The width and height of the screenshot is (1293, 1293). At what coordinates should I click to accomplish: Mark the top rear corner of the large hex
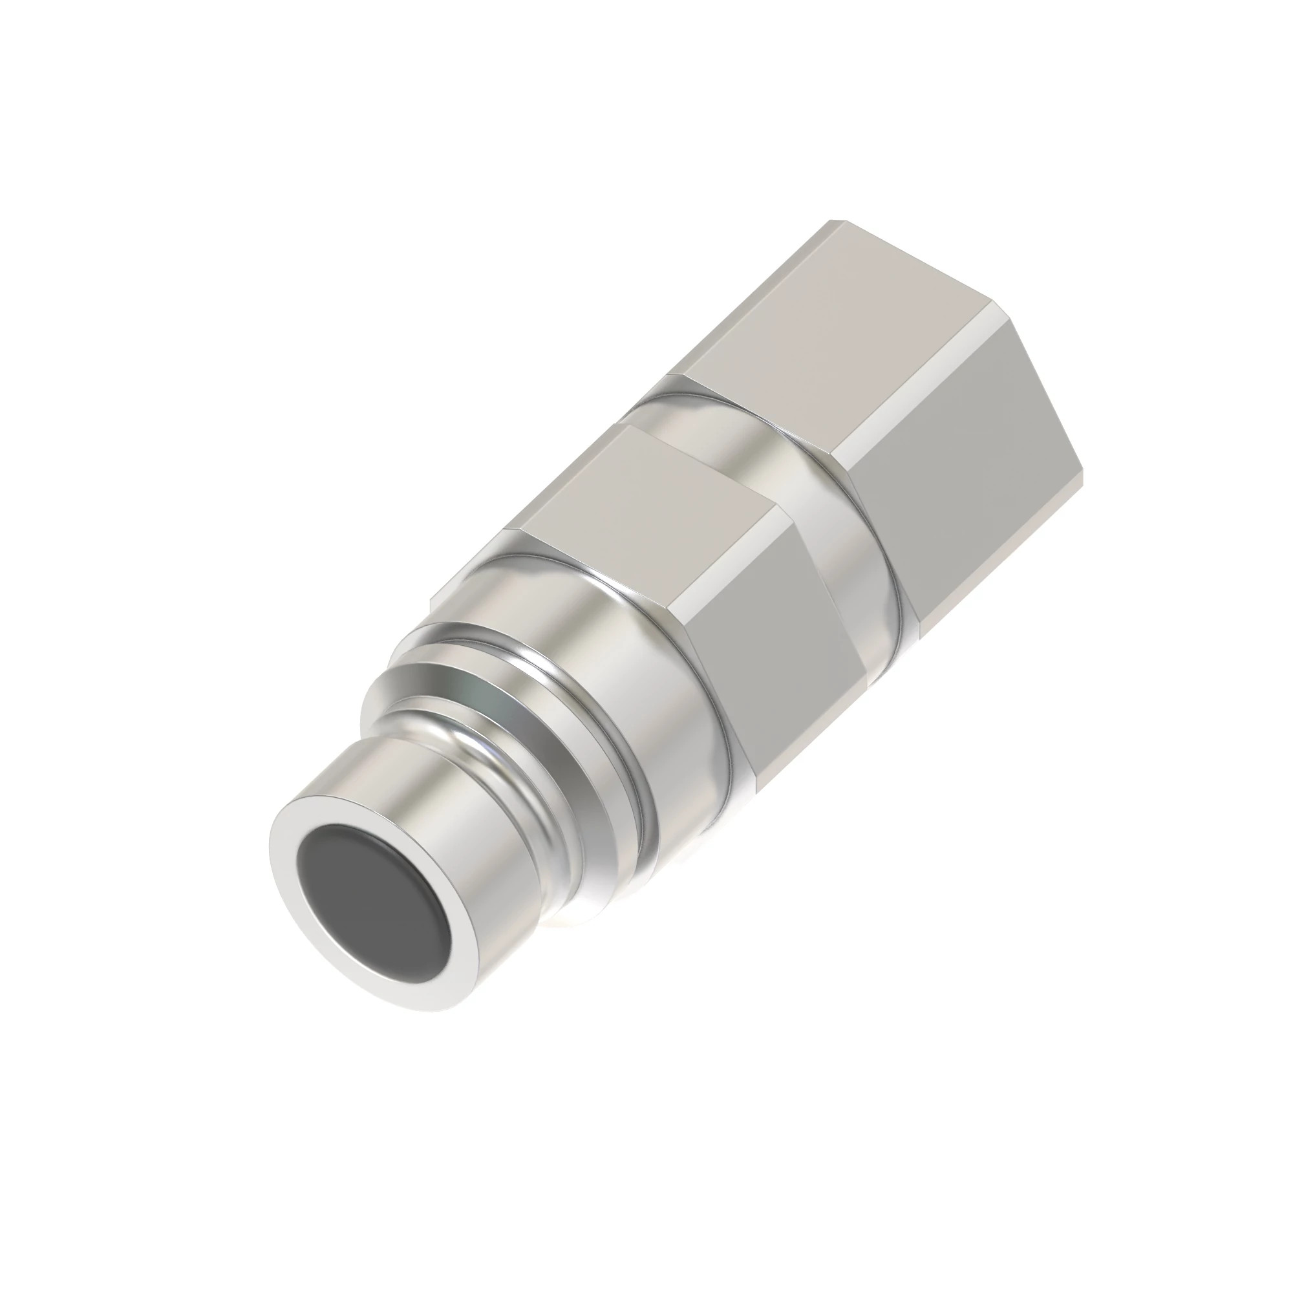click(831, 222)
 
